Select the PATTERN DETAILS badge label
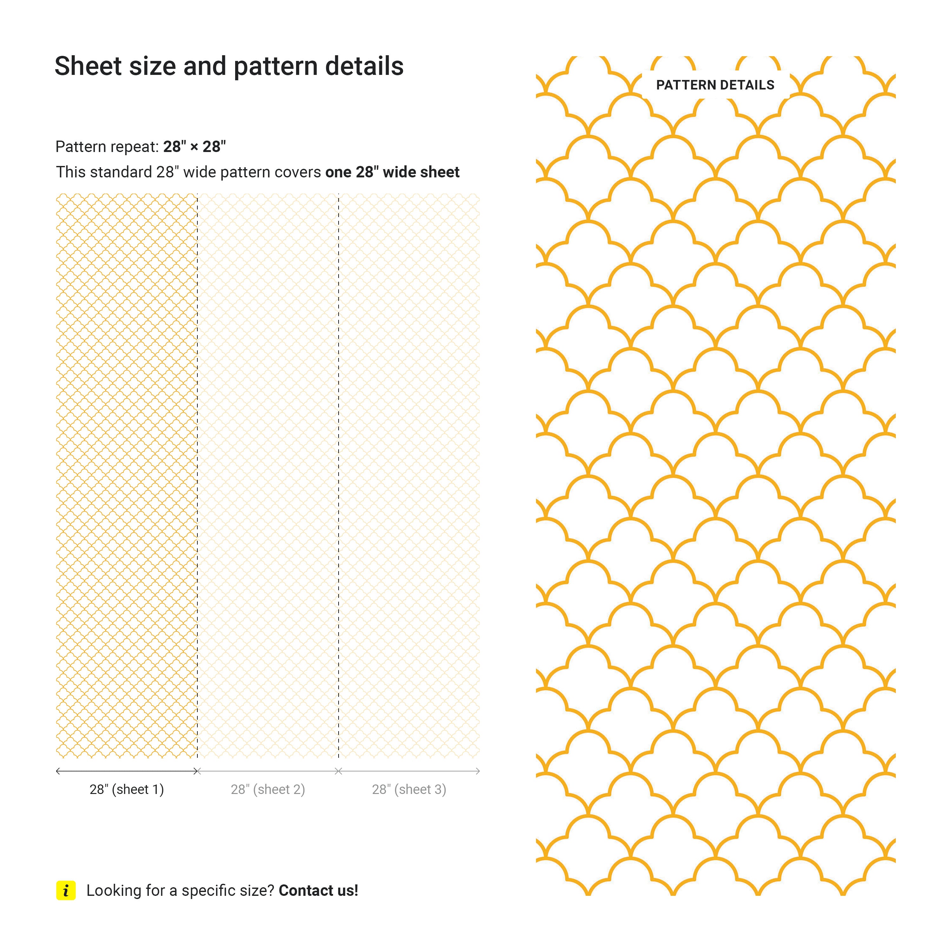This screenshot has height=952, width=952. pos(715,85)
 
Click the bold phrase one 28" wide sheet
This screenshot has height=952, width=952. pos(392,172)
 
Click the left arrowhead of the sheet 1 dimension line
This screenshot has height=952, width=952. pos(58,771)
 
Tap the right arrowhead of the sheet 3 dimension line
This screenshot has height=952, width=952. pos(478,771)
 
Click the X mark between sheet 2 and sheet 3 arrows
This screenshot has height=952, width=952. pos(339,771)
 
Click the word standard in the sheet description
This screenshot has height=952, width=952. pos(121,172)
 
